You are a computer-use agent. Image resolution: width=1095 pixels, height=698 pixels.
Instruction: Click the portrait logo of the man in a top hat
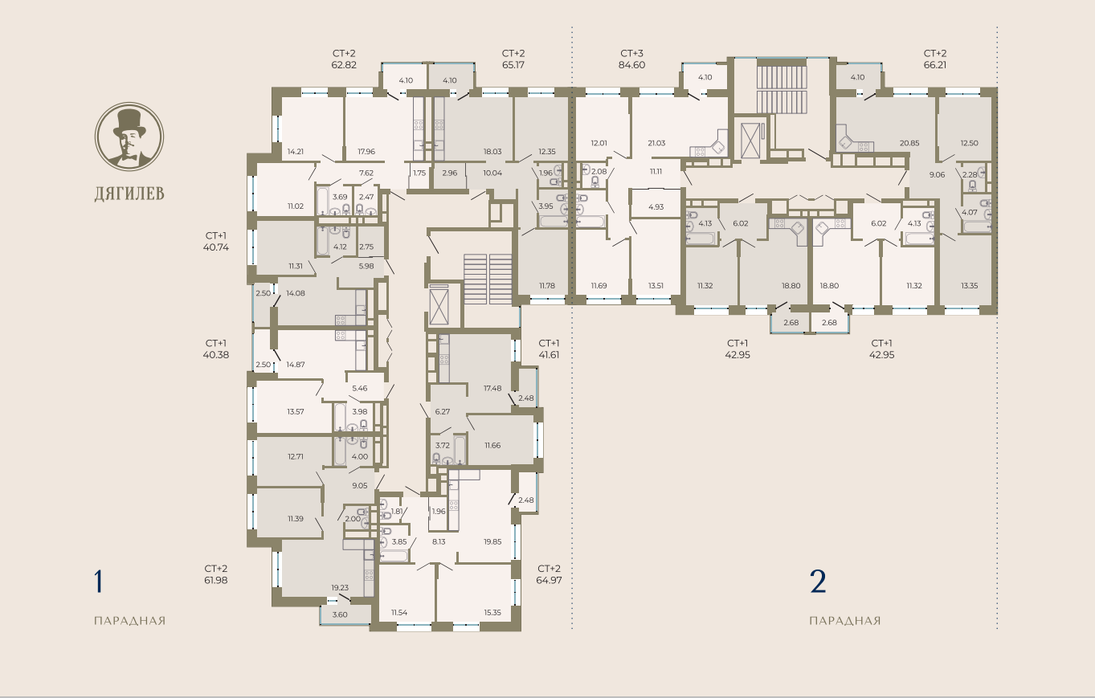click(x=129, y=137)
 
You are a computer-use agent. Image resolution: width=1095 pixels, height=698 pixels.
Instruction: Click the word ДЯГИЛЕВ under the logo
click(x=129, y=194)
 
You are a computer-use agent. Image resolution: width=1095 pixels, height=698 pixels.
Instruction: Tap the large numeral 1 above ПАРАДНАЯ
click(x=99, y=582)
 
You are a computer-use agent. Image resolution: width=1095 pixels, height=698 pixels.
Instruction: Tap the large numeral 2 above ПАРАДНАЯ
click(x=818, y=582)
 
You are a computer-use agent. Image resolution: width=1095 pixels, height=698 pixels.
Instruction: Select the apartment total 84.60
click(x=631, y=64)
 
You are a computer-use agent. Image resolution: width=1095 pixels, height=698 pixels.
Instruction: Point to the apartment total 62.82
click(x=344, y=64)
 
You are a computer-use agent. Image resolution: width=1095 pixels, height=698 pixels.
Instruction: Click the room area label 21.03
click(x=656, y=143)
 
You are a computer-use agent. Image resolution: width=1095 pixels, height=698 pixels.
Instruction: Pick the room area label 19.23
click(x=340, y=587)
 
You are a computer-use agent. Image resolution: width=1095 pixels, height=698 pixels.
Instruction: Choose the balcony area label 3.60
click(x=340, y=614)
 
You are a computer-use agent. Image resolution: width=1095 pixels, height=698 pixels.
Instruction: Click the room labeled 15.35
click(x=492, y=612)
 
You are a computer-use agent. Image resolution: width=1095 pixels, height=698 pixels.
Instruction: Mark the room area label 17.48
click(x=492, y=388)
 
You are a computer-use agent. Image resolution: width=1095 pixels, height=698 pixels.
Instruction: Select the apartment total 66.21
click(x=934, y=64)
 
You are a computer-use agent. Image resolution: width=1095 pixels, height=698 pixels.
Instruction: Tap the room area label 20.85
click(x=909, y=143)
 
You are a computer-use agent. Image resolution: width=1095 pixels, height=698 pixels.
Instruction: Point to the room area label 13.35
click(x=969, y=285)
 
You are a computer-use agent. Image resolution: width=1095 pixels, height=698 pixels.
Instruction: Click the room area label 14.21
click(x=296, y=152)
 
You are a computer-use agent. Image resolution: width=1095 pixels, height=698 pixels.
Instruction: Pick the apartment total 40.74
click(x=215, y=247)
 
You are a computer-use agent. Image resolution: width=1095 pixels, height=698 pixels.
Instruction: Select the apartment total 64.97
click(x=549, y=580)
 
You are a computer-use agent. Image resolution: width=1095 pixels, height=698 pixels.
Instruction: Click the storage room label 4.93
click(x=656, y=206)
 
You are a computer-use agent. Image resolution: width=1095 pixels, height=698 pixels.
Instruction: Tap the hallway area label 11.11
click(x=656, y=171)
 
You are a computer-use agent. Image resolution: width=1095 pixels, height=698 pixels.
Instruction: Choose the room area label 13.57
click(x=296, y=411)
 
